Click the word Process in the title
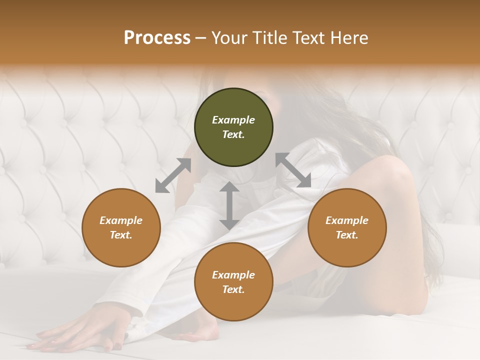pos(157,38)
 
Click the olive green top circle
pos(233,127)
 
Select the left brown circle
pos(121,227)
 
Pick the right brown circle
pos(347,227)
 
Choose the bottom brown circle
pos(233,282)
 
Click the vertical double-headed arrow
pos(229,205)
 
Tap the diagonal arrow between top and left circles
pos(173,175)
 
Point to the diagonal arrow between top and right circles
pos(293,170)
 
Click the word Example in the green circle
pos(233,120)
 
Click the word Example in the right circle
pos(347,220)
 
